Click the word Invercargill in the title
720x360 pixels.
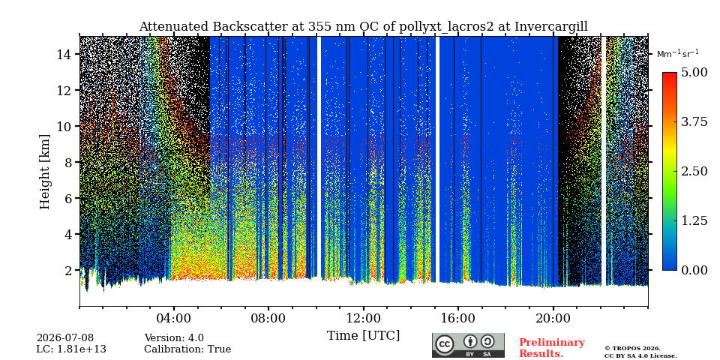click(x=551, y=26)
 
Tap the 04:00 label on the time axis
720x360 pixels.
click(x=173, y=318)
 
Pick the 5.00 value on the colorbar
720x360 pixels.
click(x=694, y=72)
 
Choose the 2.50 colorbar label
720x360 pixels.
click(x=694, y=171)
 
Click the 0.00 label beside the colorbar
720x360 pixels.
click(x=694, y=270)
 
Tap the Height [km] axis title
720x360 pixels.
click(x=44, y=172)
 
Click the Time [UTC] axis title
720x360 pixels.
click(x=363, y=335)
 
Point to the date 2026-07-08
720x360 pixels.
click(x=64, y=338)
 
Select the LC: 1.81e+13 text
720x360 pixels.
click(x=71, y=349)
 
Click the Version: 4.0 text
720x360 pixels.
click(x=174, y=338)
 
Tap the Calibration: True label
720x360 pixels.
click(x=187, y=349)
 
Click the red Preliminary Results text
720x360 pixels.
click(x=552, y=347)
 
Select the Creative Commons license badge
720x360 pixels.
click(x=468, y=345)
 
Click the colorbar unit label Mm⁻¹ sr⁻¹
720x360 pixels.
click(x=678, y=54)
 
